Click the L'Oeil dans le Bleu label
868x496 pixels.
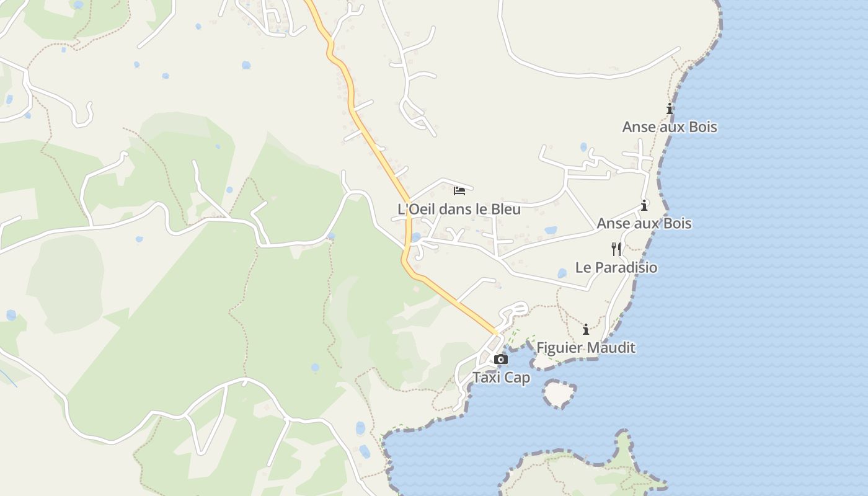(459, 209)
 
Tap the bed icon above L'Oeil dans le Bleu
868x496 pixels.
(459, 190)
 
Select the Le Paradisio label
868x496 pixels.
(616, 267)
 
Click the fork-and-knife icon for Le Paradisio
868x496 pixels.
(616, 249)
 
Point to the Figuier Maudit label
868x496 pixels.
(585, 347)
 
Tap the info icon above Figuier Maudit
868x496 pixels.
(586, 329)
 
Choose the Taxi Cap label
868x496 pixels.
(501, 377)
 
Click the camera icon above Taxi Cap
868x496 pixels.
(501, 359)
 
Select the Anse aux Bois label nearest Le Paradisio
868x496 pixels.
(644, 223)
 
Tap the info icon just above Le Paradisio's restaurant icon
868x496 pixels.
(644, 205)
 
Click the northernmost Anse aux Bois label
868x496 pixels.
(670, 126)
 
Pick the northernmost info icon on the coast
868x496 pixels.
(670, 108)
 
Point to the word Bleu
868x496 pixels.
(505, 209)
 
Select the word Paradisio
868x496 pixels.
(626, 267)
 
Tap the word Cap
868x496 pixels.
(518, 377)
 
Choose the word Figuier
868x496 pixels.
(559, 347)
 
